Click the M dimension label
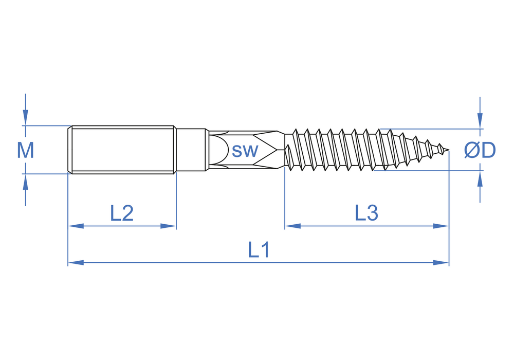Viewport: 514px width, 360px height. tap(26, 151)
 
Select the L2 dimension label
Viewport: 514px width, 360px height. tap(122, 213)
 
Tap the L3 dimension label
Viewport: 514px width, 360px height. tap(366, 212)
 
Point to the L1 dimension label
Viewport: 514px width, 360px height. tap(259, 250)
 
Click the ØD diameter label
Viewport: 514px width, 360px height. tap(480, 150)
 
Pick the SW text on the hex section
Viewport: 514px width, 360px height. tap(245, 151)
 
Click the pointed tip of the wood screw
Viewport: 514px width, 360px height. tap(448, 151)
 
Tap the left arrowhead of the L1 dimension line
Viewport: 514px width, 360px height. tap(76, 263)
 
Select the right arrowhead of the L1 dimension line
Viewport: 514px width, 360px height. tap(441, 263)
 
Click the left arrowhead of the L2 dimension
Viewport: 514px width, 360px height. tap(76, 226)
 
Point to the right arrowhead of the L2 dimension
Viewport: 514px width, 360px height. tap(169, 226)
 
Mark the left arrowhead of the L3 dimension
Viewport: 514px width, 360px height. tap(293, 226)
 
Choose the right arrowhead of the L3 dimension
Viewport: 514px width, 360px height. tap(441, 226)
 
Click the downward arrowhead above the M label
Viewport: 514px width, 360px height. tap(26, 118)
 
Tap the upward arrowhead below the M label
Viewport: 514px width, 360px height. tap(26, 182)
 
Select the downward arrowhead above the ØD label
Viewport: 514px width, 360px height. tap(480, 121)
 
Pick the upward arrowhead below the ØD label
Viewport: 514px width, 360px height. tap(480, 178)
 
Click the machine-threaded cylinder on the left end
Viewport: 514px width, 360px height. tap(122, 150)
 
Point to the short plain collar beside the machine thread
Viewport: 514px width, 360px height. tap(191, 150)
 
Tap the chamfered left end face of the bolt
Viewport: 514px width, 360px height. tap(70, 150)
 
